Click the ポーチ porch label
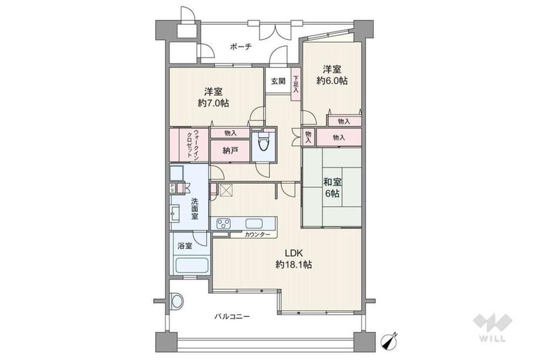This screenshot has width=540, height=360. click(241, 48)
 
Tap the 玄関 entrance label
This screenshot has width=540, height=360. click(278, 82)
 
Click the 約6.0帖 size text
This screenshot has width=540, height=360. click(332, 81)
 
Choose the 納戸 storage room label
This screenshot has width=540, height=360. click(231, 151)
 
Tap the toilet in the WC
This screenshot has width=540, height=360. click(262, 142)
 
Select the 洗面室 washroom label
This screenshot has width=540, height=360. click(194, 208)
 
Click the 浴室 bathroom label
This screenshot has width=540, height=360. click(184, 245)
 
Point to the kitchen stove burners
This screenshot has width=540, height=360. click(225, 223)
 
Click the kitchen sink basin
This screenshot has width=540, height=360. click(254, 223)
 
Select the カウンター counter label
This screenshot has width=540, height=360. click(257, 235)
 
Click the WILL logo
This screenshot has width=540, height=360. click(492, 329)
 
